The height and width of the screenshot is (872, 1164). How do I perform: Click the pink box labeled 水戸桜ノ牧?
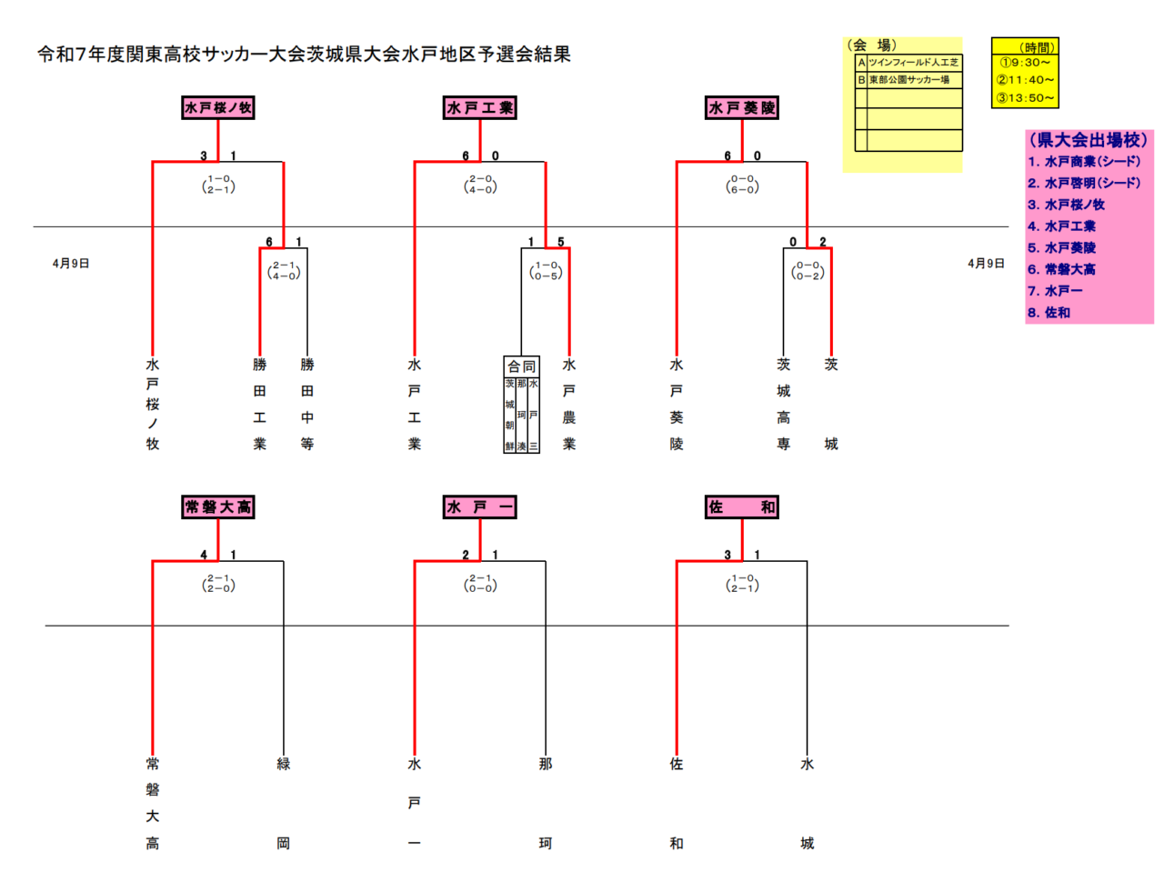tap(218, 108)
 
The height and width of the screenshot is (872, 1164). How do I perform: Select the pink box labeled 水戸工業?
tap(480, 108)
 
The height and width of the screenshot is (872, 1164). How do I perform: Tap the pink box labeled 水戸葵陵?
tap(742, 108)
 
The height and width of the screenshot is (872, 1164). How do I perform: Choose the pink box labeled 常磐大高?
tap(218, 507)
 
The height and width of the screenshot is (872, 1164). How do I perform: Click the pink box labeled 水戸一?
tap(480, 507)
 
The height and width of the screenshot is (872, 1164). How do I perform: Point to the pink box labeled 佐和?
tap(742, 507)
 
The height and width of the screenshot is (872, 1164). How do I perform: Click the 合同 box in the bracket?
tap(521, 366)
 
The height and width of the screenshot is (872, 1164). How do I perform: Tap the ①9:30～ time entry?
tap(1025, 63)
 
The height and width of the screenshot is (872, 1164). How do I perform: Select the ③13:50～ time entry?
tap(1025, 97)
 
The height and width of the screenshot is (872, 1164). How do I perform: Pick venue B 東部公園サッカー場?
tap(908, 80)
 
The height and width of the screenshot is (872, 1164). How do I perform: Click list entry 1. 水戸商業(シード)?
tap(1084, 162)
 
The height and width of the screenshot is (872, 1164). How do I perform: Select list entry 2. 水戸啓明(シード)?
tap(1084, 183)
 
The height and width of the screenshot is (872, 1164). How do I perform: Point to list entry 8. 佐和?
tap(1049, 313)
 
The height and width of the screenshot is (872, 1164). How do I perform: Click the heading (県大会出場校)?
tap(1088, 140)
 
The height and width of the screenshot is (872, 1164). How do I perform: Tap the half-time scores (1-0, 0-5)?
tap(546, 271)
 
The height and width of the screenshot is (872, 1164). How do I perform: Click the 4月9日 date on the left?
tap(71, 264)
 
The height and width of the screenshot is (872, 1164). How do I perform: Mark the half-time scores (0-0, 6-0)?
tap(742, 185)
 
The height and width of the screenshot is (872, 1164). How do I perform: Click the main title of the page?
tap(304, 55)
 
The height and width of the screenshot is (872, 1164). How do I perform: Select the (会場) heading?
tap(872, 45)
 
